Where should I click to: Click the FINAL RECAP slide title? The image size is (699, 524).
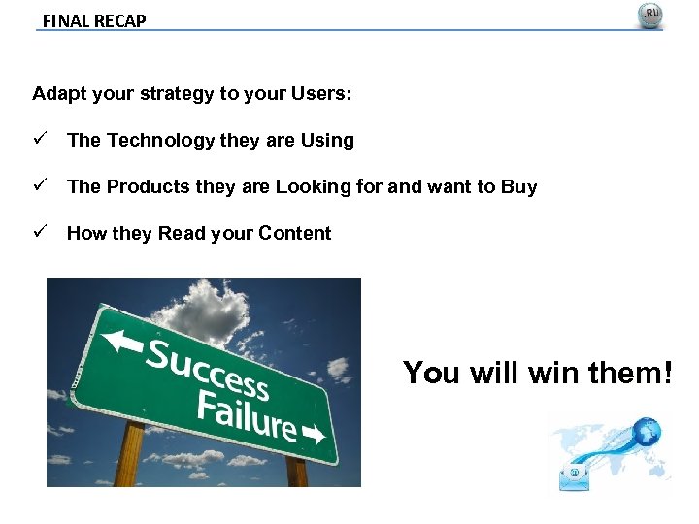tap(94, 20)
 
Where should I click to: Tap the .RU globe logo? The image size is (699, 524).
tap(649, 16)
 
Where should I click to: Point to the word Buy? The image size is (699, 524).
tap(518, 187)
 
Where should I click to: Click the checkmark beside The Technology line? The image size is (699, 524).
tap(39, 140)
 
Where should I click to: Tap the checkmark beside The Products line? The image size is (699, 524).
tap(39, 186)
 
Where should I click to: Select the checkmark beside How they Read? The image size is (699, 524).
tap(39, 233)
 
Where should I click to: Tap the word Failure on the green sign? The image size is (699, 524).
tap(247, 413)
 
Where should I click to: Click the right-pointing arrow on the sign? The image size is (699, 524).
tap(315, 434)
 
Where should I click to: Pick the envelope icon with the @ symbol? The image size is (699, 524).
tap(575, 475)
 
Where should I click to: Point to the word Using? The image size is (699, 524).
tap(327, 141)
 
